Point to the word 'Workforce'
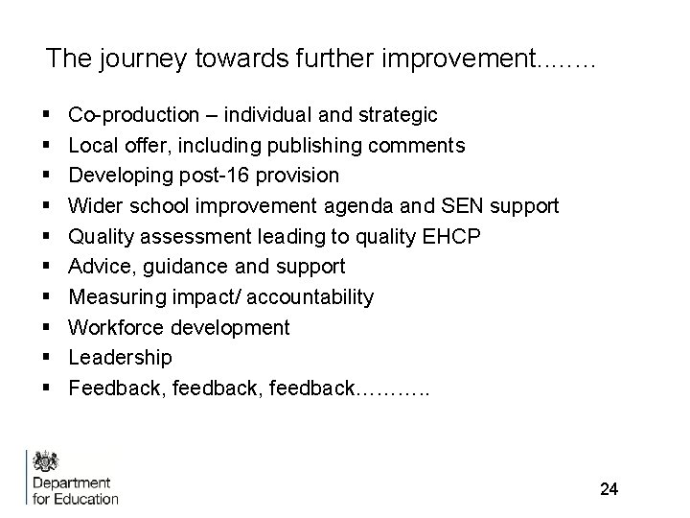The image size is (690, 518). [x=116, y=327]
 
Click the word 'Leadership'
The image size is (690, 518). [x=121, y=357]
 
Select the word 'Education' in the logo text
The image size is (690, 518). [x=87, y=498]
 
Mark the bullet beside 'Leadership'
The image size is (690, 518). [x=46, y=358]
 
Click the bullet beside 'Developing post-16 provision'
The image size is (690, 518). [x=46, y=177]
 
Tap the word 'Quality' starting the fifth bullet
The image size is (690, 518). [x=103, y=236]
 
